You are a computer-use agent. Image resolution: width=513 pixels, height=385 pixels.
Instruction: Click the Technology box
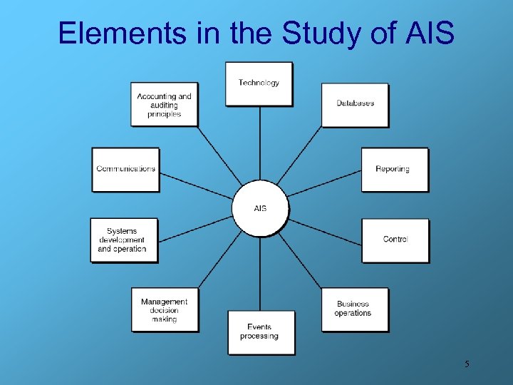[x=259, y=83]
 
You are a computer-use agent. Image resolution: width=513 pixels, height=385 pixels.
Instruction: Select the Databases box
[x=355, y=104]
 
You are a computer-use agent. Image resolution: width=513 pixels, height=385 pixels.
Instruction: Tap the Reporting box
[x=394, y=169]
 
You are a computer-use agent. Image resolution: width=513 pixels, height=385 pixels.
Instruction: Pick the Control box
[x=395, y=240]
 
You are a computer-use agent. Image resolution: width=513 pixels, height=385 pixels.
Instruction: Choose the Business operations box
[x=354, y=309]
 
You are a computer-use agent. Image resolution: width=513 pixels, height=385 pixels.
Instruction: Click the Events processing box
[x=261, y=332]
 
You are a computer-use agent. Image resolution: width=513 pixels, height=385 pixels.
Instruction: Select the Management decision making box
[x=165, y=309]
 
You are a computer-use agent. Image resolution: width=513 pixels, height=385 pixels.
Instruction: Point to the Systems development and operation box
[x=123, y=240]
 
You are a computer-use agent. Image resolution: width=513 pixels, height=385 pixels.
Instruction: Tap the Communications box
[x=125, y=169]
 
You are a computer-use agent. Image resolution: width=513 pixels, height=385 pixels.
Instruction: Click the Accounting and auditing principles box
[x=164, y=104]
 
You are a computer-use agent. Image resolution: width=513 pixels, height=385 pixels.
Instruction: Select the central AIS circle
[x=260, y=208]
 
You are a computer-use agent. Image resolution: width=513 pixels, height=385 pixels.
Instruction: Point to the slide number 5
[x=467, y=364]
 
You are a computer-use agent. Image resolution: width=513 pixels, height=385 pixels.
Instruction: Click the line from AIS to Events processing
[x=259, y=274]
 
